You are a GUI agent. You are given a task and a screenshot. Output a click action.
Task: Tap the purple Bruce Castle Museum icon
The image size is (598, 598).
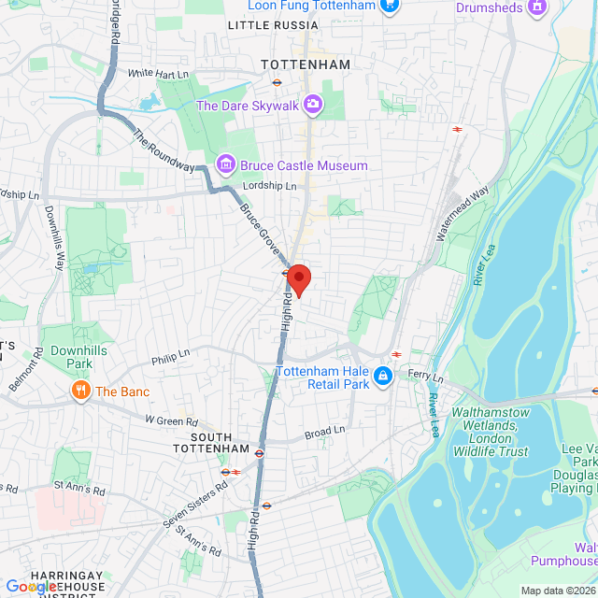coord(224,165)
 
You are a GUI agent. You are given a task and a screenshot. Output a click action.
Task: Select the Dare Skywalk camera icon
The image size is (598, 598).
coord(313,105)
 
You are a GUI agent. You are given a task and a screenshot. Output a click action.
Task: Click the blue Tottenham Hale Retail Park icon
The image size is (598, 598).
coord(381,377)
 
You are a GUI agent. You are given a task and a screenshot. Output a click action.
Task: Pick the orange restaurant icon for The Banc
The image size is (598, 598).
coord(80,391)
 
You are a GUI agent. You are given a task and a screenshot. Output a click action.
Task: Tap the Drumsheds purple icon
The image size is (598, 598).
coord(536,7)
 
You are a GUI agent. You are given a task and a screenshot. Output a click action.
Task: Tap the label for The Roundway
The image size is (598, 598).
coord(164,149)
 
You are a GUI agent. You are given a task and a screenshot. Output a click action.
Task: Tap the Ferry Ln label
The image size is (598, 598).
coord(425,376)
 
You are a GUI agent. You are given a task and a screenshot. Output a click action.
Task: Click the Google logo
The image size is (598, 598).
coord(31,586)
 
